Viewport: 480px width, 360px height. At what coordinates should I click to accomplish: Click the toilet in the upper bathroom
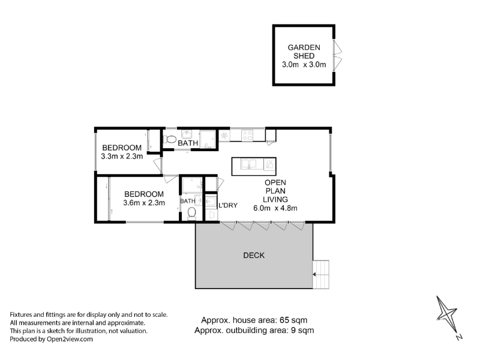pos(169,140)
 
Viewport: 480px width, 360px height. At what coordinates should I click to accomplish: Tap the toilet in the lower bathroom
pos(191,214)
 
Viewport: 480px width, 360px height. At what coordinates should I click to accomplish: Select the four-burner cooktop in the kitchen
pos(247,136)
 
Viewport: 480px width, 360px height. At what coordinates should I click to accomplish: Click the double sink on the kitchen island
pos(248,164)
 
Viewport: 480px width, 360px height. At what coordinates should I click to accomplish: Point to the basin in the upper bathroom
pos(187,134)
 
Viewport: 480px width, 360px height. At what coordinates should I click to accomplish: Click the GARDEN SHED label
pos(304,52)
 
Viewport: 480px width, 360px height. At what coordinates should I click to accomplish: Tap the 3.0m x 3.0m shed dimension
pos(304,65)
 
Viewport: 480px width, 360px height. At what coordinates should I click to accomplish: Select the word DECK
pos(254,256)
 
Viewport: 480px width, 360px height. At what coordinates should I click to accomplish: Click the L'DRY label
pos(228,205)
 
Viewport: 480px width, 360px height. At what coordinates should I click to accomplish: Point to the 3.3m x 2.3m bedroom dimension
pos(122,157)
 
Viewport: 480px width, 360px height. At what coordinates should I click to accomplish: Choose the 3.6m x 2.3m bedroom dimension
pos(144,203)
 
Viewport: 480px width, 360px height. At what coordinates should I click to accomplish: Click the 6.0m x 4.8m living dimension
pos(275,208)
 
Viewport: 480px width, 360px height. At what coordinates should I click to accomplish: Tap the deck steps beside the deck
pos(321,274)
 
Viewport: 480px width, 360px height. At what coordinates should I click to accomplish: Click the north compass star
pos(446,314)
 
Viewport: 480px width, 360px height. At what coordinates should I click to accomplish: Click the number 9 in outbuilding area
pos(292,331)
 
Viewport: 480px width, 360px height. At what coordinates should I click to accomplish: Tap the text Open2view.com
pos(70,339)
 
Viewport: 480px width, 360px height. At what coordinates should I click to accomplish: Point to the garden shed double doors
pos(338,55)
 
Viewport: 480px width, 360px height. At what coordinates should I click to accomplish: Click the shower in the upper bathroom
pos(208,140)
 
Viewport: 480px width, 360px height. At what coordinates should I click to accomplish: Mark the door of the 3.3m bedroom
pos(158,166)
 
